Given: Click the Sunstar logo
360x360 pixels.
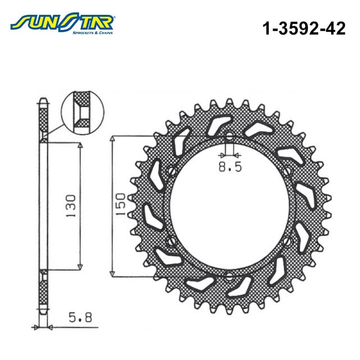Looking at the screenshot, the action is (x=62, y=24).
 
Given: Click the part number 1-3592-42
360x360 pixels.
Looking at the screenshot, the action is (x=304, y=29).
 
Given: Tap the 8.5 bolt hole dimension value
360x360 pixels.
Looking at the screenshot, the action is (x=230, y=167).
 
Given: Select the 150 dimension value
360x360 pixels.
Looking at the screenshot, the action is (x=120, y=204).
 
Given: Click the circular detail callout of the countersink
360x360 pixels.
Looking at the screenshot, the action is (x=82, y=112).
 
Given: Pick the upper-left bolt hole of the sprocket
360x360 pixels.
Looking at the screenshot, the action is (x=172, y=171).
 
